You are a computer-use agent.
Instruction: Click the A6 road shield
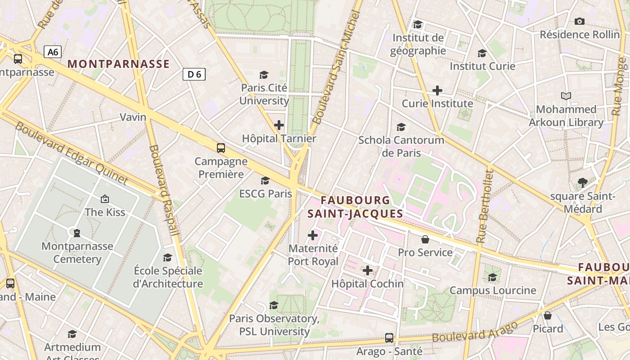tap(53, 52)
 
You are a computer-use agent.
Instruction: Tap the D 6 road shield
tap(194, 74)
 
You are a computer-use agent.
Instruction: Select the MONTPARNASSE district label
tap(119, 64)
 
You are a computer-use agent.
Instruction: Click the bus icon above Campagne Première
tap(220, 148)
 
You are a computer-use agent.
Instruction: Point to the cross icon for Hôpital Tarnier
tap(279, 125)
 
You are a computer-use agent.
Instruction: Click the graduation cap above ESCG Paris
tap(265, 181)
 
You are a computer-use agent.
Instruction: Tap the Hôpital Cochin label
tap(367, 284)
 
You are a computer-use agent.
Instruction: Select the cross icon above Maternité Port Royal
tap(313, 235)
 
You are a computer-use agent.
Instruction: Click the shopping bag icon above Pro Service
tap(425, 239)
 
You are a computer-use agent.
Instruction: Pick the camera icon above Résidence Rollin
tap(580, 22)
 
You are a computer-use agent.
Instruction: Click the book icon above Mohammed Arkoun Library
tap(566, 96)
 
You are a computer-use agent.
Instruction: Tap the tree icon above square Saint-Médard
tap(583, 183)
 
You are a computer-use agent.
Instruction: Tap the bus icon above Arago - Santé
tap(389, 338)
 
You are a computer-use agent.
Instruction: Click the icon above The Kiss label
tap(105, 199)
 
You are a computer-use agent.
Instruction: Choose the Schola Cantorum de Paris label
tap(401, 146)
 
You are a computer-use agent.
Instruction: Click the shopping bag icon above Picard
tap(548, 316)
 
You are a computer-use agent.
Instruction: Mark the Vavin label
tap(133, 117)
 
